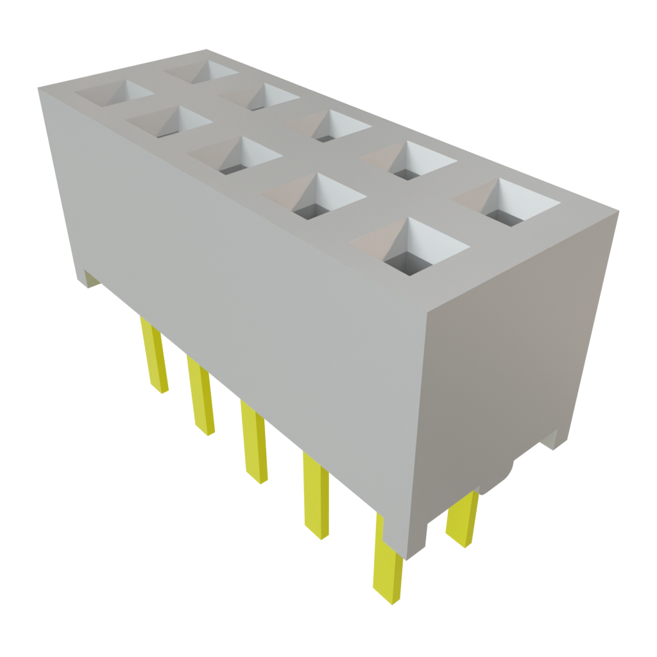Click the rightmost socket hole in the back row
point(507,202)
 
